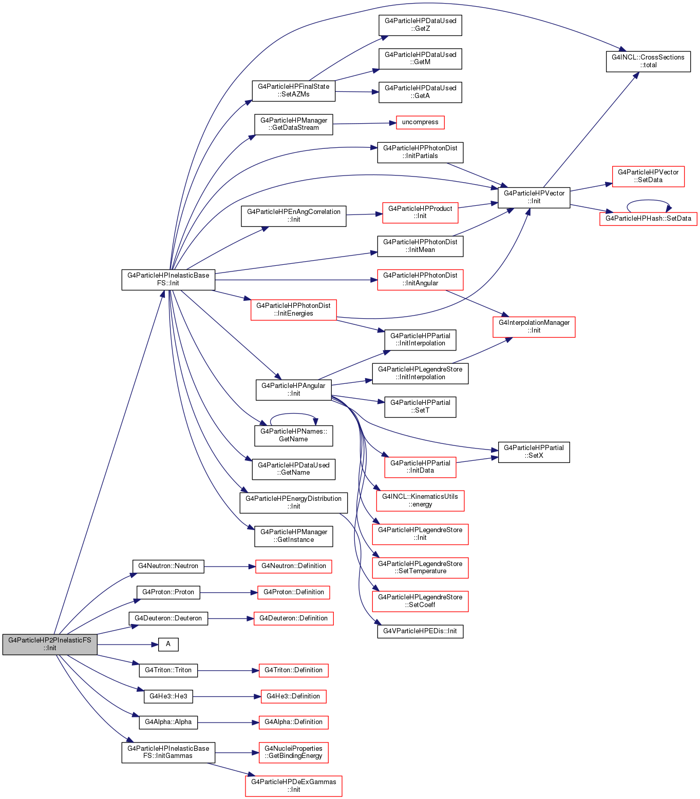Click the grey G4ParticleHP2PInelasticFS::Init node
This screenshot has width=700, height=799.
pos(50,645)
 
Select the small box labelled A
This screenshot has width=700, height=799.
pos(168,645)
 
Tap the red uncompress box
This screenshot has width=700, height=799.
pos(420,122)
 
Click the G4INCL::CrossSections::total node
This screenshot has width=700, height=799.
pos(648,61)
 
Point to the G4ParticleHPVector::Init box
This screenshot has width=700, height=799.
pos(534,198)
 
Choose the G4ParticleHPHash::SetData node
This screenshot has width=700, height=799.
pos(649,219)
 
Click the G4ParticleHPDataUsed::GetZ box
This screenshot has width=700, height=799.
pos(420,25)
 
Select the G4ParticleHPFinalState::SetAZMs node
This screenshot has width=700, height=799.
pos(294,91)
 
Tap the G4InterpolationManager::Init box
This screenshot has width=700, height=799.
pos(534,327)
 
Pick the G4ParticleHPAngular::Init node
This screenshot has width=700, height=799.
pos(294,389)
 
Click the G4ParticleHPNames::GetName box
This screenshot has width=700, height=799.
pos(294,436)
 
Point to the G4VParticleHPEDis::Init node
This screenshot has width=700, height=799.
pos(420,632)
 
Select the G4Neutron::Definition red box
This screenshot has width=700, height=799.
pos(294,566)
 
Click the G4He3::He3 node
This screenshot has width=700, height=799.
pos(168,696)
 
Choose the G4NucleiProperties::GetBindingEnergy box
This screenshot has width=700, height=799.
pos(294,752)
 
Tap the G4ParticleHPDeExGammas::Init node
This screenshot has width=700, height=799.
pos(294,786)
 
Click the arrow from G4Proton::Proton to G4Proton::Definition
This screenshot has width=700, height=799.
pos(229,592)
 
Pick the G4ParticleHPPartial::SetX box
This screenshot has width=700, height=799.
pos(534,452)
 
